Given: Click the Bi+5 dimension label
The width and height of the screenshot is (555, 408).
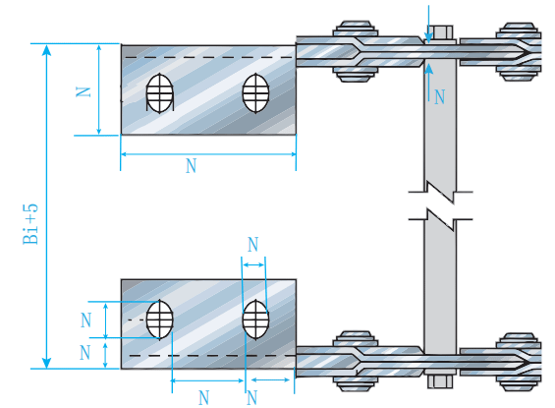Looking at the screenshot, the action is (x=30, y=224).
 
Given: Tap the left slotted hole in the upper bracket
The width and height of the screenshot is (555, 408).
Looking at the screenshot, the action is (x=160, y=93).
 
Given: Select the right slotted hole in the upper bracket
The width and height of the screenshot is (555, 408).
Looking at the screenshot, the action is (x=255, y=92).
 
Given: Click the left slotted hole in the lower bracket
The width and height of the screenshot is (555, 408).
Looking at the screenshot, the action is (x=160, y=320).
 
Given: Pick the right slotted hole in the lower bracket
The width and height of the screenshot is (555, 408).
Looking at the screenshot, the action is (x=255, y=320).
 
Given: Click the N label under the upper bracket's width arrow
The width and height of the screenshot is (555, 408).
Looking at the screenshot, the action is (x=192, y=166).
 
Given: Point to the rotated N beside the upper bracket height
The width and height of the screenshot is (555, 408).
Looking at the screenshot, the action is (x=83, y=92).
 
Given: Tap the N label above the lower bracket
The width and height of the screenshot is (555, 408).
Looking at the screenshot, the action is (x=253, y=245).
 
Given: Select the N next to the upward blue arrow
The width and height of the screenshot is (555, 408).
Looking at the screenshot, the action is (x=440, y=96).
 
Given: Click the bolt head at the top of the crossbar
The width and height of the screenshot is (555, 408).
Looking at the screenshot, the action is (x=442, y=32).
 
